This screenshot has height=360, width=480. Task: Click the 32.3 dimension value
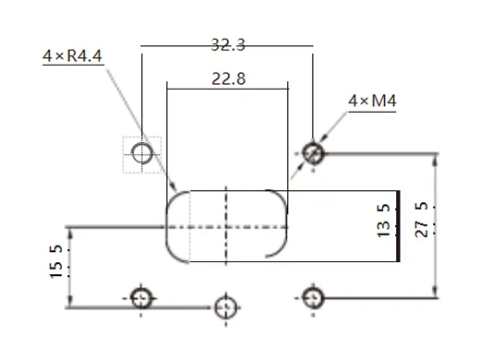(226, 43)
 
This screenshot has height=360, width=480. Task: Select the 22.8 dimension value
(227, 79)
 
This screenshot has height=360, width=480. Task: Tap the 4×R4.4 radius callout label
(73, 57)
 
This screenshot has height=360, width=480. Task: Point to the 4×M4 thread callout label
(372, 100)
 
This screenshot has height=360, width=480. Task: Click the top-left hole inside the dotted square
(142, 153)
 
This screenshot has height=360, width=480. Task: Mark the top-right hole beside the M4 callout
(314, 152)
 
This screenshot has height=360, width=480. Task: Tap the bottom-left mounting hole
(141, 297)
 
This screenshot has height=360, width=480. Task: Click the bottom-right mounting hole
(314, 297)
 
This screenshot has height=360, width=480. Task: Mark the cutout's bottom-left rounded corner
(173, 255)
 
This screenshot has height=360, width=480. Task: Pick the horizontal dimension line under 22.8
(227, 90)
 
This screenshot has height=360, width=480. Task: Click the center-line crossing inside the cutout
(227, 226)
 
